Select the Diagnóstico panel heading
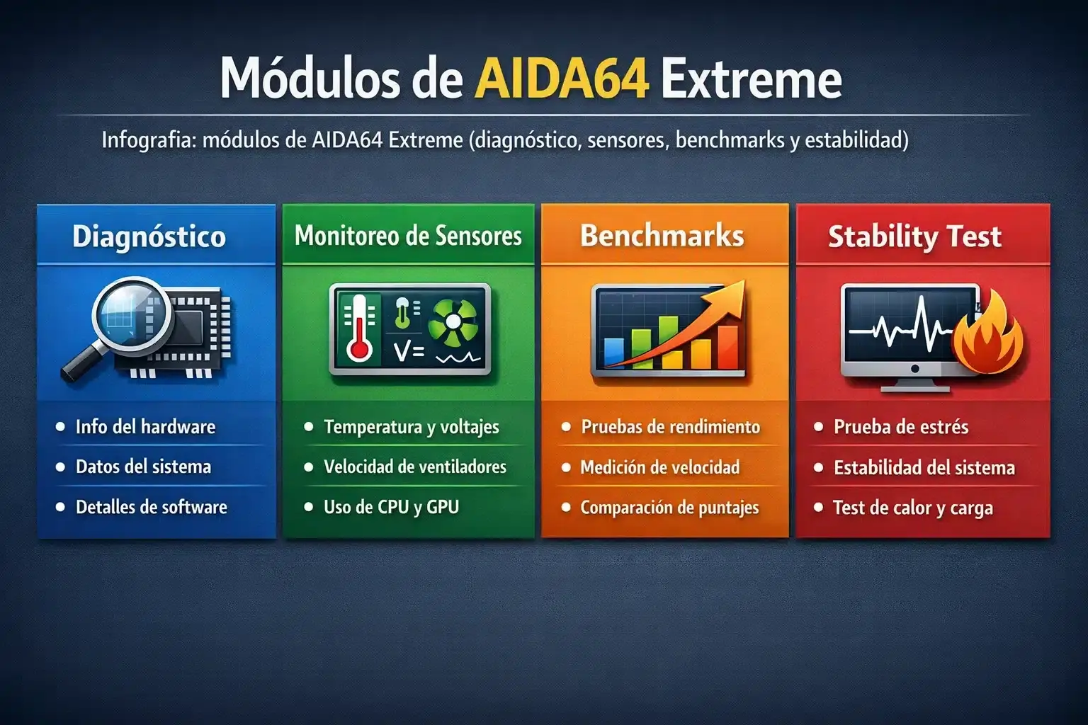149,236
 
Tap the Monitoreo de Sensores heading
408,236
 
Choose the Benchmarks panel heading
662,236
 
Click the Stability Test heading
914,236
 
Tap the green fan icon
455,323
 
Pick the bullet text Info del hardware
145,427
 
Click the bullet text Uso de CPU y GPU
391,507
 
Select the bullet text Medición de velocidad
659,467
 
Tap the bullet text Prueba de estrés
900,427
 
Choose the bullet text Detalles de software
151,507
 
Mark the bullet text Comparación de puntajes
669,508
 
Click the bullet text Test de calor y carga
912,508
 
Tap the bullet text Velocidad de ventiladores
414,467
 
